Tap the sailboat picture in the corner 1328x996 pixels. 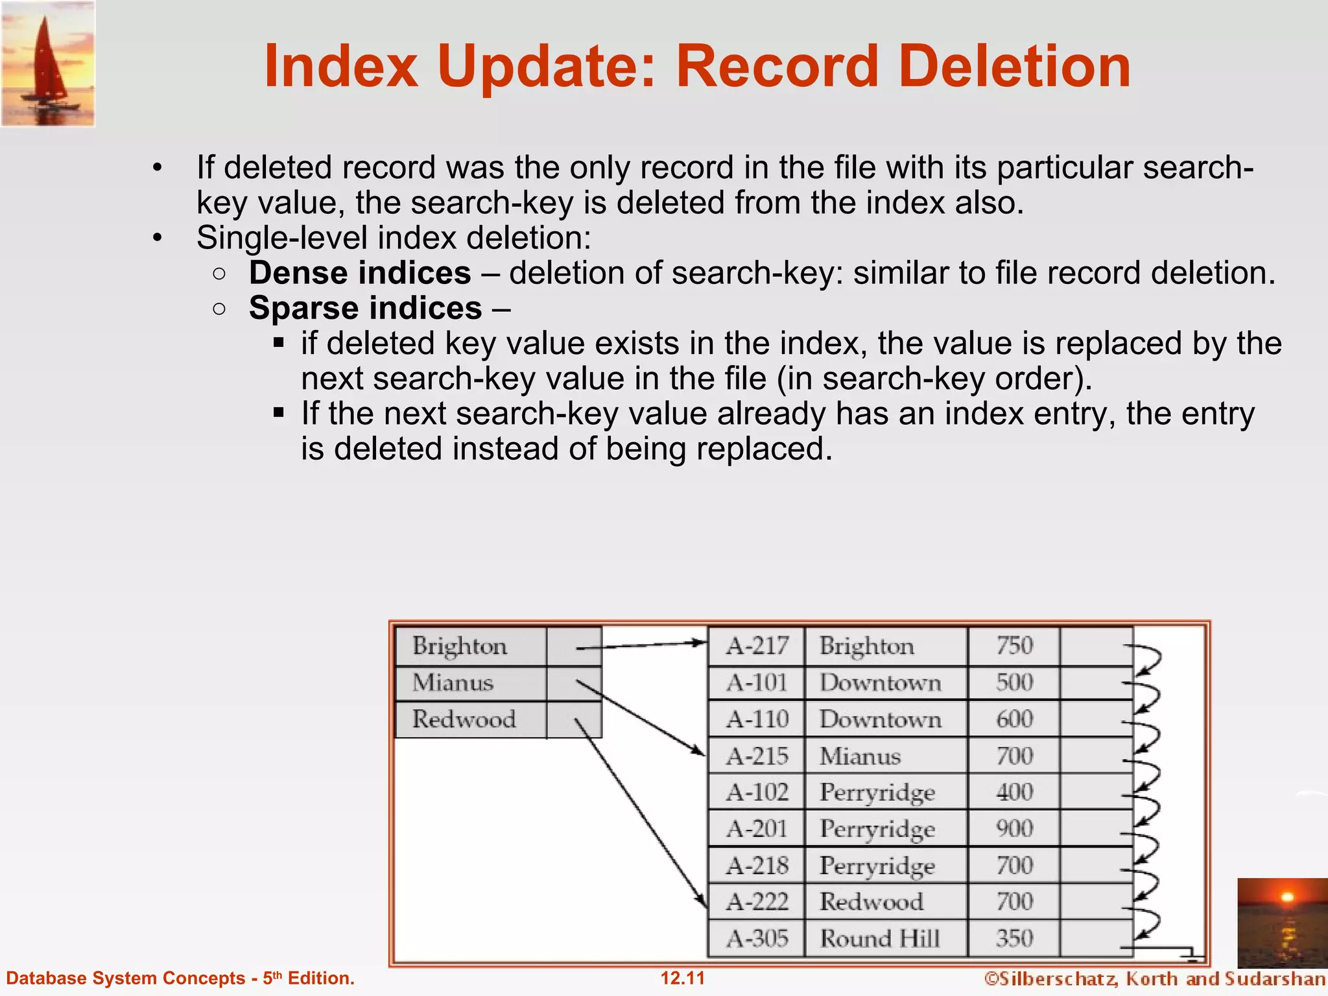pos(48,64)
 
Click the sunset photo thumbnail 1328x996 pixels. pos(1282,922)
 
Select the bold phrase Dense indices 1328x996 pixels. pos(360,273)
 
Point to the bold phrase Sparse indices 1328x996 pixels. pos(366,308)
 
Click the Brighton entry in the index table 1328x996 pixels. pos(460,646)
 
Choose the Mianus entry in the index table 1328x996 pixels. pos(453,683)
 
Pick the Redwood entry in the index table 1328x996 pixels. pos(464,719)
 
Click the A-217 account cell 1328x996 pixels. pos(757,646)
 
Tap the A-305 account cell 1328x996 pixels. pos(757,938)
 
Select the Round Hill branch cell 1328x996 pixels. pos(880,938)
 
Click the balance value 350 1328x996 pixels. pos(1014,938)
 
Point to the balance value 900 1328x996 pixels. pos(1014,829)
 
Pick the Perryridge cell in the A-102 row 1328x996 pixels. pos(877,792)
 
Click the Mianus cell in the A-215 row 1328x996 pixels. pos(860,756)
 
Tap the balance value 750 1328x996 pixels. pos(1014,646)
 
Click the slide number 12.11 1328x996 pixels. pos(682,978)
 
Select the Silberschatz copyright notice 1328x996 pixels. pos(1154,978)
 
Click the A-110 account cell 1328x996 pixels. pos(757,719)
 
